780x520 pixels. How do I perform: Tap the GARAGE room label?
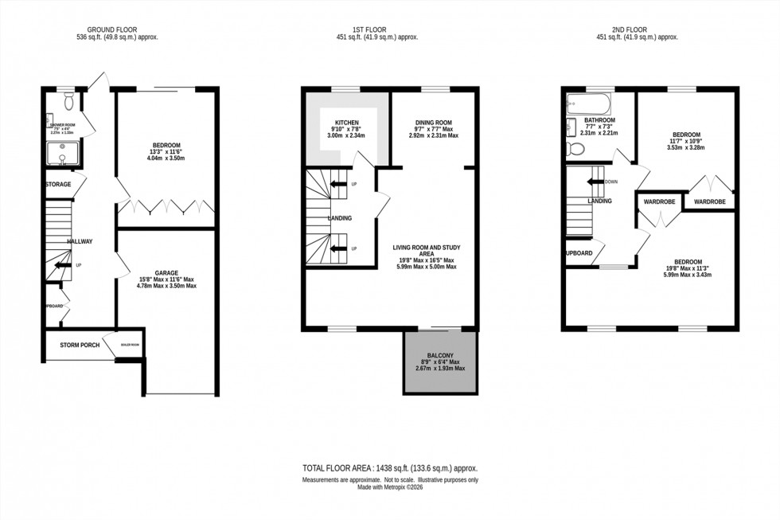click(166, 272)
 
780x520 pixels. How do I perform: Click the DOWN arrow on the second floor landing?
click(599, 181)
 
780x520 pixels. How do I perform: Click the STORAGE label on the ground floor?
click(58, 185)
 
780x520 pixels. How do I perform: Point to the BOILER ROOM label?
click(130, 345)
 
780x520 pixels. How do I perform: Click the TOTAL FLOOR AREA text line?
click(389, 468)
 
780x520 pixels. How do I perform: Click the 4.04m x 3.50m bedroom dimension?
click(166, 158)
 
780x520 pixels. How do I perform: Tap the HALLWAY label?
click(80, 241)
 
